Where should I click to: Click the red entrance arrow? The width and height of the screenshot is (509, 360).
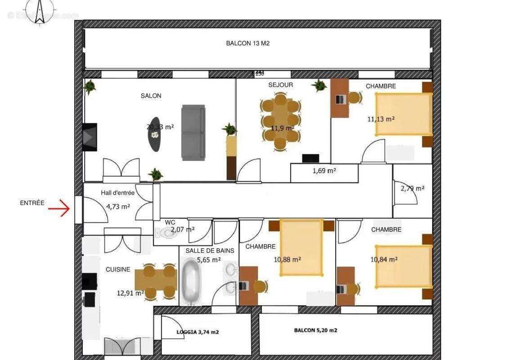(x=59, y=209)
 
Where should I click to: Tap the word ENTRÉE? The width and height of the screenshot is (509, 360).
(x=32, y=203)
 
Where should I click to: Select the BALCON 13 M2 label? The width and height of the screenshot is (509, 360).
(x=248, y=44)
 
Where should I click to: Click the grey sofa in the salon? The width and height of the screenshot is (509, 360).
(x=193, y=132)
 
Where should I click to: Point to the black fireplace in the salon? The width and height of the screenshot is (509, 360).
(x=89, y=137)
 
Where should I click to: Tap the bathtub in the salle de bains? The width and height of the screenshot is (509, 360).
(x=193, y=281)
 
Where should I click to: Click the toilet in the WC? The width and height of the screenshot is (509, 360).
(x=166, y=233)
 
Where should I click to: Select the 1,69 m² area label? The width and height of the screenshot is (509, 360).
(x=324, y=171)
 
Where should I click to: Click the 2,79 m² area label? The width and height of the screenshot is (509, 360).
(x=412, y=189)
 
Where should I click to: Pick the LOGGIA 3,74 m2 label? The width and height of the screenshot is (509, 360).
(x=198, y=332)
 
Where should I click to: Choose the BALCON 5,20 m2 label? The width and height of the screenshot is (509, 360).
(x=315, y=330)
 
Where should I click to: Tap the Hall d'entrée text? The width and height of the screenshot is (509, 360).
(x=117, y=193)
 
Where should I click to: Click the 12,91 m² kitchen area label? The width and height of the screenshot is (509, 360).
(x=130, y=293)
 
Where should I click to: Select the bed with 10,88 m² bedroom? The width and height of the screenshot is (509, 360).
(x=301, y=247)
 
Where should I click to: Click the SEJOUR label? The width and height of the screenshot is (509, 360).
(x=280, y=85)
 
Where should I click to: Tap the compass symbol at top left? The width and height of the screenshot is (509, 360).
(x=40, y=9)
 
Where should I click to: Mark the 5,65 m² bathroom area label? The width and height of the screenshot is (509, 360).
(x=209, y=260)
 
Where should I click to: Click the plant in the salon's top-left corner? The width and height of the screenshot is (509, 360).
(x=90, y=86)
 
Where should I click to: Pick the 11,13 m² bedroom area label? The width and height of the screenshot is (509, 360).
(x=381, y=119)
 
